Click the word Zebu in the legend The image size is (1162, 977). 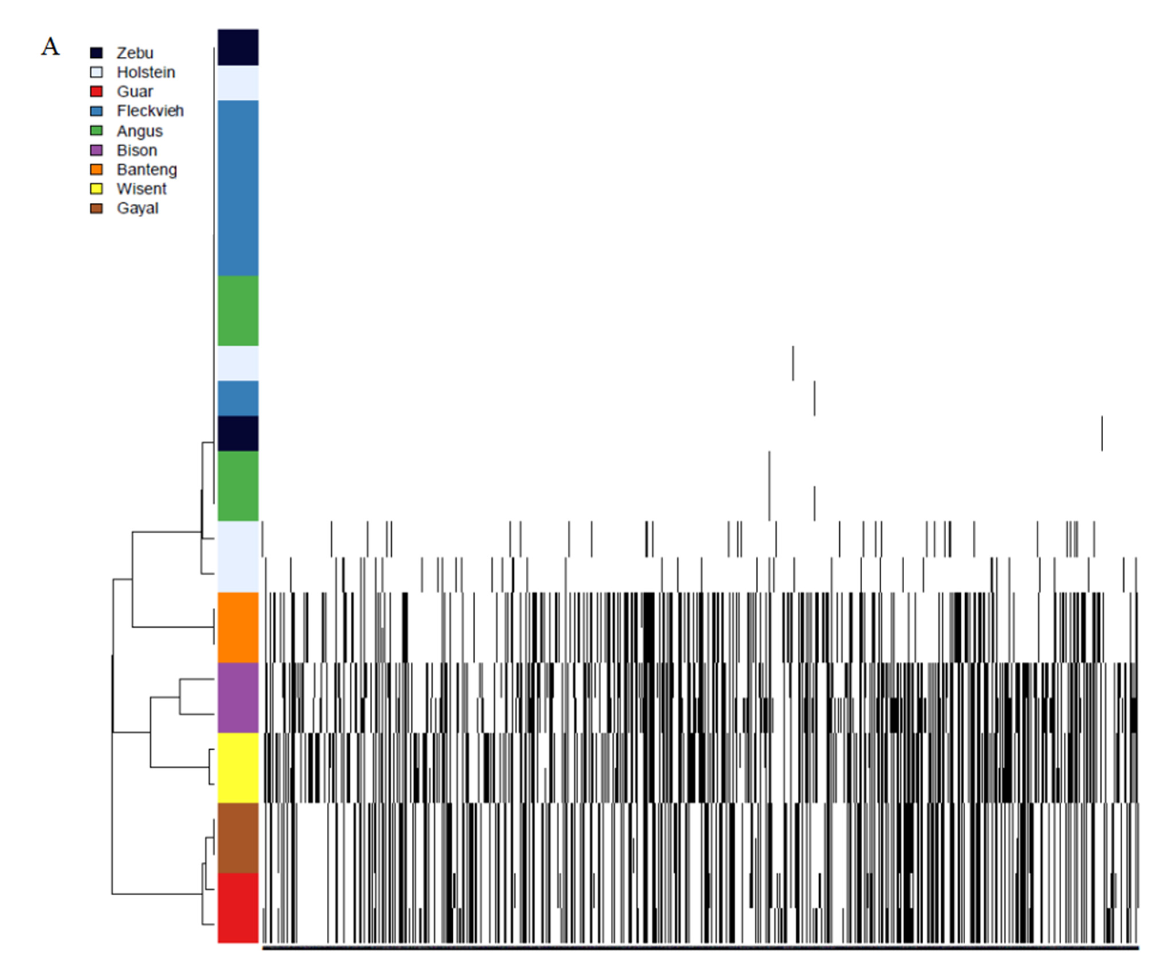(135, 53)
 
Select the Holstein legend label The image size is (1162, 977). (146, 72)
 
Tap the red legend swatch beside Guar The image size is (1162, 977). (96, 91)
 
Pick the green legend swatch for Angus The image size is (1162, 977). (96, 131)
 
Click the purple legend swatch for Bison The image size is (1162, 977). (96, 150)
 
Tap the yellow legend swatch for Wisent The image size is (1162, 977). (96, 189)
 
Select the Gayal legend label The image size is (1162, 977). (137, 208)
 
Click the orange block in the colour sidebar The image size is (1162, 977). (238, 627)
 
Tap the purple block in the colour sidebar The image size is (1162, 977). (238, 698)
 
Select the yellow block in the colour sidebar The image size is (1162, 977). (238, 768)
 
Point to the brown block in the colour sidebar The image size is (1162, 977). (238, 838)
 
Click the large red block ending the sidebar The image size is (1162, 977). (238, 908)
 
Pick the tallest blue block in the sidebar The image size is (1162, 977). (238, 188)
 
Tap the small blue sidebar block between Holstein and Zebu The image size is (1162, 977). (238, 398)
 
